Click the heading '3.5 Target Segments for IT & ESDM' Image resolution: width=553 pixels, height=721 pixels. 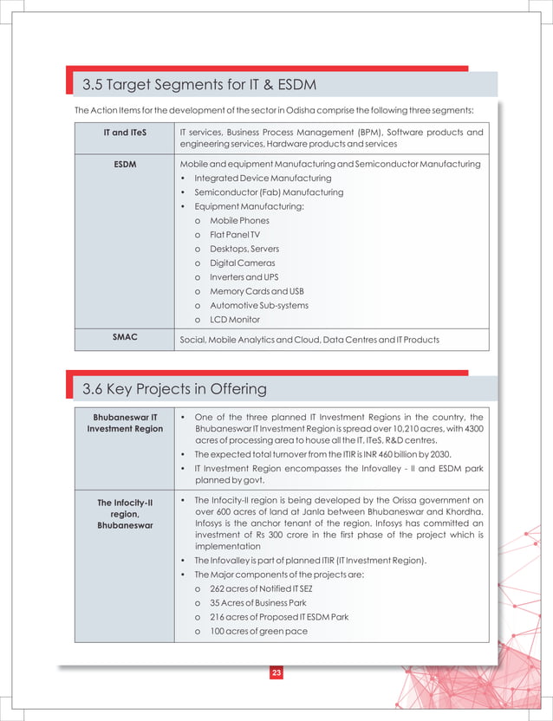point(198,85)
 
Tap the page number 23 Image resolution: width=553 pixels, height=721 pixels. point(276,673)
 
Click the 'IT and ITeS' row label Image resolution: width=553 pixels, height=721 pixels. point(125,133)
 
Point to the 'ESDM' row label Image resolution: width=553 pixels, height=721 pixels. point(125,164)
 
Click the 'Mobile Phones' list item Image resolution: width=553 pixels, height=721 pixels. point(239,221)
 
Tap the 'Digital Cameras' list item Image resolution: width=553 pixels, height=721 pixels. point(242,263)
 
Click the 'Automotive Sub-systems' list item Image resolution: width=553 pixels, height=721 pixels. point(258,305)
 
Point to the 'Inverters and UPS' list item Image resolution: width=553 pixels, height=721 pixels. point(245,276)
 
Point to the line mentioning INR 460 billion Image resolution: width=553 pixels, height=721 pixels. point(335,455)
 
